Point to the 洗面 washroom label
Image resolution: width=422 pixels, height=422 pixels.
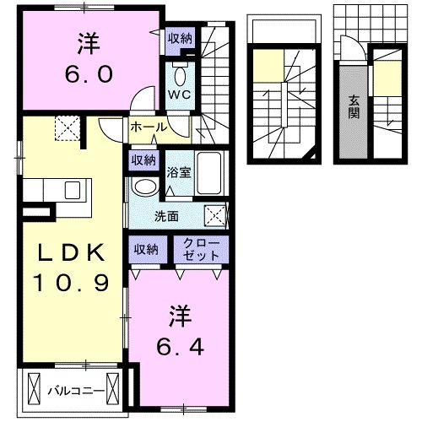click(x=166, y=215)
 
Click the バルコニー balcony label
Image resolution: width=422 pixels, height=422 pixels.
click(x=74, y=390)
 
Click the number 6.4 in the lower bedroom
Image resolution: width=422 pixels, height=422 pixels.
click(x=180, y=346)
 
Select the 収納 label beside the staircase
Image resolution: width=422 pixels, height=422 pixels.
click(x=179, y=37)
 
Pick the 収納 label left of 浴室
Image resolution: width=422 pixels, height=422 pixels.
click(x=143, y=159)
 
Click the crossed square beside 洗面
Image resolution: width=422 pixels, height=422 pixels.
click(x=214, y=215)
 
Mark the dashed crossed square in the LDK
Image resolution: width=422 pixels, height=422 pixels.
click(x=66, y=129)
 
